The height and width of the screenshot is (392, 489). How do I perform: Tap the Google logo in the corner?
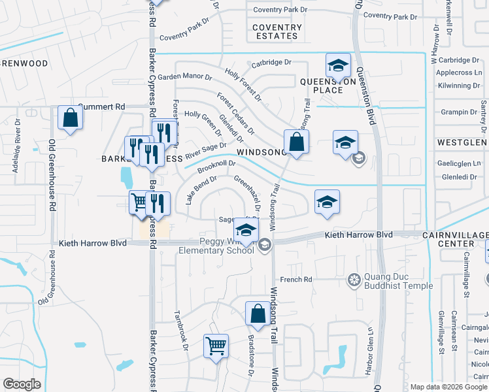coord(22,384)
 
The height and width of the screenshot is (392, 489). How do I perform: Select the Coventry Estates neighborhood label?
coord(278,32)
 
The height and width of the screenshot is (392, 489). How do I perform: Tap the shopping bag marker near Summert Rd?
coord(70,118)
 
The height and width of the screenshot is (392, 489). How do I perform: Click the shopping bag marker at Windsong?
coord(296,142)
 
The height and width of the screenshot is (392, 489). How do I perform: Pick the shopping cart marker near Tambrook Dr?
coord(216,346)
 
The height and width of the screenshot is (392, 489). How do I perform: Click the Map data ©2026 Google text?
coord(448,386)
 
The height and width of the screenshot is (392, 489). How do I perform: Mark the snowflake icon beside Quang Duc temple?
coord(354,280)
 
